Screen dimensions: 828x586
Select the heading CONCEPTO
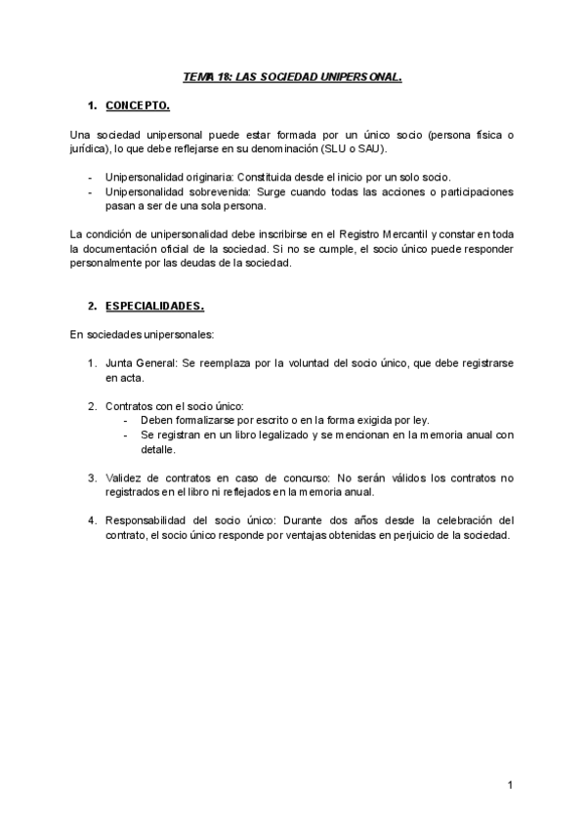pyautogui.click(x=138, y=104)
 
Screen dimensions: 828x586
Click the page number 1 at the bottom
pyautogui.click(x=511, y=784)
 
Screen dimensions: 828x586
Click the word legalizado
pyautogui.click(x=271, y=435)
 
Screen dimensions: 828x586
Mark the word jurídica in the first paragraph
pyautogui.click(x=89, y=148)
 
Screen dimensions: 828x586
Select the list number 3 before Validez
pyautogui.click(x=92, y=477)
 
